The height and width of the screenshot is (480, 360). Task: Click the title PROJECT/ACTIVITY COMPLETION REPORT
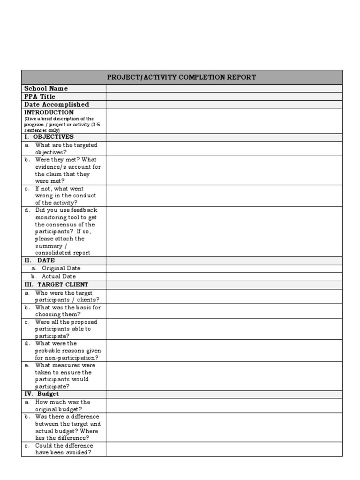tap(182, 77)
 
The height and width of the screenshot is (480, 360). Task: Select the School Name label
tap(46, 89)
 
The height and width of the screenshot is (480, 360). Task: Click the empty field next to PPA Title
tap(224, 97)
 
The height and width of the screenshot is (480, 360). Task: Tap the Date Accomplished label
tap(56, 105)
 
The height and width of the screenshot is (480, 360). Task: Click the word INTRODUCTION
tap(49, 112)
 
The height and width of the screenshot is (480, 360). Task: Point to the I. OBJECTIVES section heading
tap(49, 137)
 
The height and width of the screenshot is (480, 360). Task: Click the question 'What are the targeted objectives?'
tap(63, 149)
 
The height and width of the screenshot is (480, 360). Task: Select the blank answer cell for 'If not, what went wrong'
tap(224, 195)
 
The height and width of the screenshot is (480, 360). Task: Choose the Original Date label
tap(61, 268)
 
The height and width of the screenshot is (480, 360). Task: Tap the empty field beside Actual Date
tap(224, 277)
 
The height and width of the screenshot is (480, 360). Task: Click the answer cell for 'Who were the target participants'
tap(224, 296)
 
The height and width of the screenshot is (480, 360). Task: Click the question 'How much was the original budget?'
tap(62, 405)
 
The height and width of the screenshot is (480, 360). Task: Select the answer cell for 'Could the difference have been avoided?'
tap(224, 449)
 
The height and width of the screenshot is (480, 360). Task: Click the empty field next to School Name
tap(224, 89)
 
